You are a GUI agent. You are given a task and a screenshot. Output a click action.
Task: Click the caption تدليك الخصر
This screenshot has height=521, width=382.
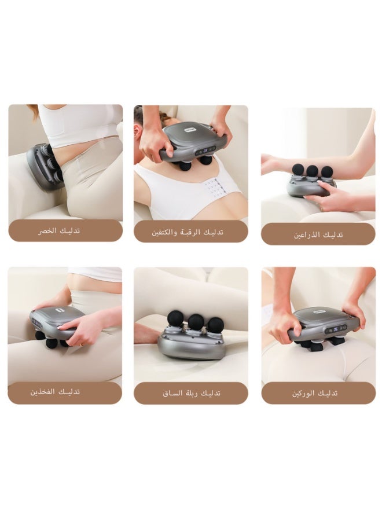coord(65,230)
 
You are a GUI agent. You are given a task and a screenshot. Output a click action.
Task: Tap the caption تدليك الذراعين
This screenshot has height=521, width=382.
coord(318,234)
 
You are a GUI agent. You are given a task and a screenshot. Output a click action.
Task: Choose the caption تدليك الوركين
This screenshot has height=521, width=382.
coord(315,392)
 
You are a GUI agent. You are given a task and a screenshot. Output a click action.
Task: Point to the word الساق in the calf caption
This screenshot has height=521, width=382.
coord(174,392)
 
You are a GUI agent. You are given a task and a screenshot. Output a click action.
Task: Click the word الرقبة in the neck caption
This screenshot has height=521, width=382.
coord(198,232)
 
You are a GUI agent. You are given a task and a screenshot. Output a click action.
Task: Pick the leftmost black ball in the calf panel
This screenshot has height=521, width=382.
coord(175,318)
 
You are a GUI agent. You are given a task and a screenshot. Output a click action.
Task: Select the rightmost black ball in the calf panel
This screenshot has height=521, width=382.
coord(216,324)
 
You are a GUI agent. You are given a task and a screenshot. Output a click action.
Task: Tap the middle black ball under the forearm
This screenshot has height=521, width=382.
coord(313,171)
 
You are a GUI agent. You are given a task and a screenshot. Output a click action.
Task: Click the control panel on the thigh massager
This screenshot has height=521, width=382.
coord(38,324)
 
